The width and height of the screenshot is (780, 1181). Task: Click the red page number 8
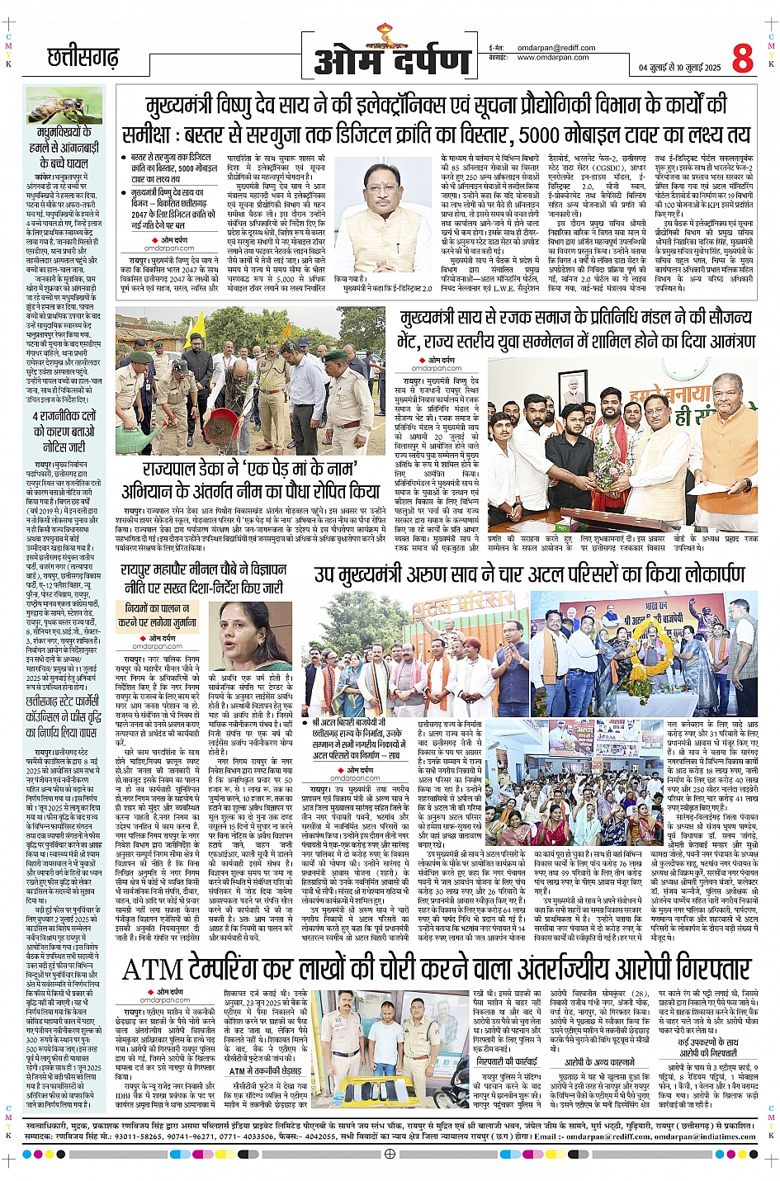point(741,58)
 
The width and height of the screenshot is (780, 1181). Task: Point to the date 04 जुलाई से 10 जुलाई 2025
point(679,68)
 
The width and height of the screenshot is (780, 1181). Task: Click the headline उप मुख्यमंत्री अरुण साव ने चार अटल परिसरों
point(528,575)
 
